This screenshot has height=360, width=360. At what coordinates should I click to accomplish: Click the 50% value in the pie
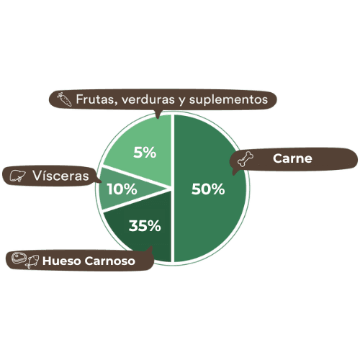208,189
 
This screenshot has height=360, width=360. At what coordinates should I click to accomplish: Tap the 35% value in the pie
145,226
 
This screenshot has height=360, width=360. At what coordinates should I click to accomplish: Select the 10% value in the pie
122,189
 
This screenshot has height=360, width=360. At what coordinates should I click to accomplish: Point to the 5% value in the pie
145,153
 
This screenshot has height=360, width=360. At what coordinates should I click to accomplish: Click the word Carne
292,158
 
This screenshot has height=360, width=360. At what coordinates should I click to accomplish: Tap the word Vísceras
60,176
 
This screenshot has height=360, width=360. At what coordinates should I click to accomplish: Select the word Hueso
62,261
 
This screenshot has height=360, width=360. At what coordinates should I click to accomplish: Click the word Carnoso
109,261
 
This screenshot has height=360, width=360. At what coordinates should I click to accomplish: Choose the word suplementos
228,99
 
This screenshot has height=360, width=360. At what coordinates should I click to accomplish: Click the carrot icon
64,99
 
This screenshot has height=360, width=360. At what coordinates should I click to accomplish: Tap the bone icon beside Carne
246,159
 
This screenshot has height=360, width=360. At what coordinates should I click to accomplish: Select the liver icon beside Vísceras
17,176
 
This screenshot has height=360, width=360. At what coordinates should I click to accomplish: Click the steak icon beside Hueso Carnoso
18,258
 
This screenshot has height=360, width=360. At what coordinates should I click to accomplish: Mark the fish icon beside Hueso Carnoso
32,261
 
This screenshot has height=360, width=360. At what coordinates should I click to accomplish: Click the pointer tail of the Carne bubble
234,171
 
